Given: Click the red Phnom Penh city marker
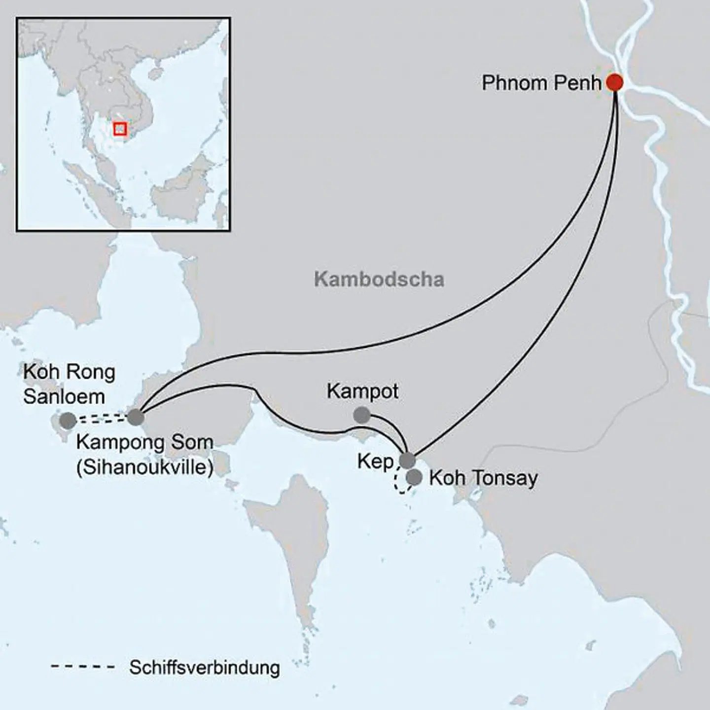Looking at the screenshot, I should point(614,82).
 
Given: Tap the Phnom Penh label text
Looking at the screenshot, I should point(541,83).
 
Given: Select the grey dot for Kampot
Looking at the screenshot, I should point(362,415).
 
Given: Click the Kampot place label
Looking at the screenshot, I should point(362,392).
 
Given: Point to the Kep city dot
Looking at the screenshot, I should point(407,461).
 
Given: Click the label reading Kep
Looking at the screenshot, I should point(375,462).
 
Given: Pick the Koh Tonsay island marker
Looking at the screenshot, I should point(415,477).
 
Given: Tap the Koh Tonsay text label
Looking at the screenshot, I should point(483,478).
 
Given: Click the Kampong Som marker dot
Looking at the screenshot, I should point(136,418).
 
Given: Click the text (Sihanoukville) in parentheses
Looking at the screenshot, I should point(145,467).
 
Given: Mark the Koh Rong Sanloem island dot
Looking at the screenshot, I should point(68,421).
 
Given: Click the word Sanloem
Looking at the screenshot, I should point(64,396).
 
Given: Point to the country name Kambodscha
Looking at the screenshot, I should point(379,280).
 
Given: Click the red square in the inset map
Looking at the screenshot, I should point(120,129).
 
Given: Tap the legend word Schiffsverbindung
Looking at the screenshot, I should point(205,668).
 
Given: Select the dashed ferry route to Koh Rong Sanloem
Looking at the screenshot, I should point(101,419).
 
